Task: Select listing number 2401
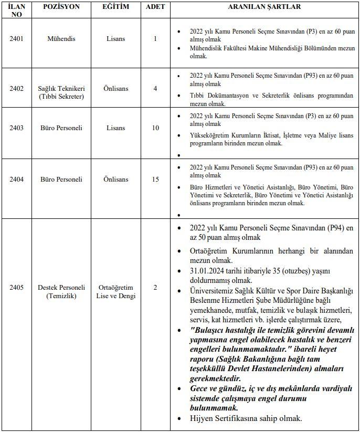click(x=16, y=39)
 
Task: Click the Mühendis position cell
click(x=61, y=39)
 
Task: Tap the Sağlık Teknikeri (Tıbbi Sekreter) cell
click(x=61, y=92)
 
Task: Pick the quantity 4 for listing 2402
click(x=155, y=89)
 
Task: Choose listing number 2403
click(x=16, y=128)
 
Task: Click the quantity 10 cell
click(x=155, y=128)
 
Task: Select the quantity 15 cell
click(x=155, y=180)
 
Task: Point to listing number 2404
click(x=16, y=180)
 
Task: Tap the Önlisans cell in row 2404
click(x=115, y=180)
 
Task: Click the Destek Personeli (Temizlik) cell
click(x=61, y=292)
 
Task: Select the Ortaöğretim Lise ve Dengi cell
click(x=115, y=292)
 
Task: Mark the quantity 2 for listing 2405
click(x=155, y=288)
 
